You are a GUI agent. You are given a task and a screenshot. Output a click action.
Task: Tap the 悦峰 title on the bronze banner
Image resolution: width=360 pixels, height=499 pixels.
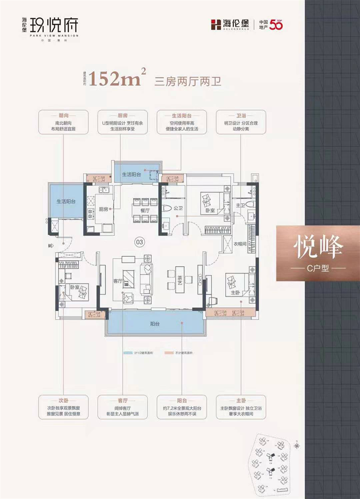[318, 246]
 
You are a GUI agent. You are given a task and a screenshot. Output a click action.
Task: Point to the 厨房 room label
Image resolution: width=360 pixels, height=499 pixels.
[103, 209]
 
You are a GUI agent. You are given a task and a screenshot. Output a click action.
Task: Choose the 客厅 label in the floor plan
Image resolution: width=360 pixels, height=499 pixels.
[118, 281]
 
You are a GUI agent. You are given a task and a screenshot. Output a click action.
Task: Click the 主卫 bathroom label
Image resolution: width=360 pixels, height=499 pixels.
[239, 206]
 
